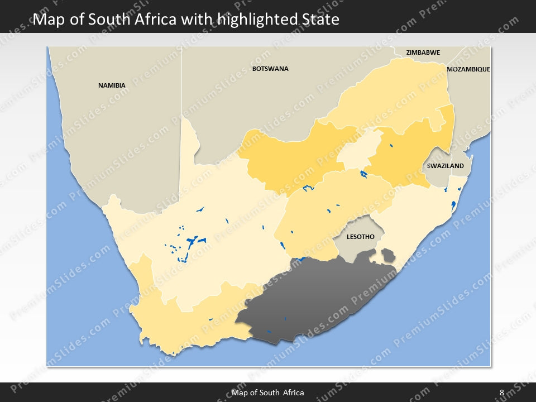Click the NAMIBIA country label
[112, 85]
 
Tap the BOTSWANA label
[270, 69]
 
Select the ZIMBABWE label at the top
[423, 52]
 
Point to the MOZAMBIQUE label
[468, 69]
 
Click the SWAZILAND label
[445, 166]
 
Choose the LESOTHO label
[360, 237]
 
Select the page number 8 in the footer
[501, 393]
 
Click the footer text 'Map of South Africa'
[268, 393]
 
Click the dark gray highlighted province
[318, 299]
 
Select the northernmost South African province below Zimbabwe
[391, 95]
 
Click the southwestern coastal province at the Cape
[184, 324]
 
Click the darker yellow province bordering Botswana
[290, 159]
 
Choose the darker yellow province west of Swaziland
[408, 151]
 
